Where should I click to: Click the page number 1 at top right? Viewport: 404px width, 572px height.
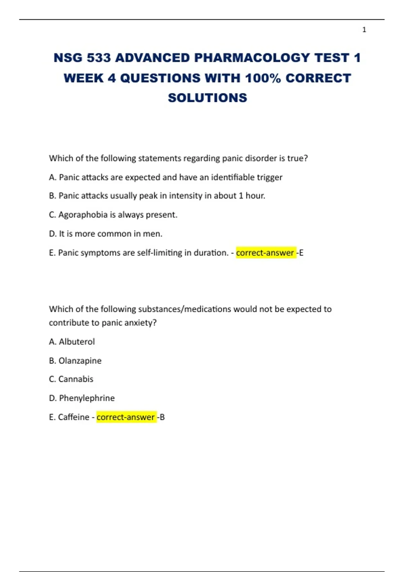(x=364, y=30)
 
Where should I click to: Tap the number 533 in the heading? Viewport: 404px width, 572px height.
(x=99, y=58)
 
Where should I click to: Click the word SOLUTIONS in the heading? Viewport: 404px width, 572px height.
(x=207, y=98)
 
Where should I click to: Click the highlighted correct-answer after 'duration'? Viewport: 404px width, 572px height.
(x=265, y=253)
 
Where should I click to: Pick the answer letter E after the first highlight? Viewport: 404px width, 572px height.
(x=301, y=253)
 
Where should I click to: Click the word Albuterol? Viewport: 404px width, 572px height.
(x=77, y=342)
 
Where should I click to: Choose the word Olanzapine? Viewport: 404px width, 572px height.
(x=80, y=361)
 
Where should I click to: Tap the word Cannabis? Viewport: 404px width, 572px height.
(x=76, y=379)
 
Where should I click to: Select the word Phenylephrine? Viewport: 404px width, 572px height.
(x=87, y=398)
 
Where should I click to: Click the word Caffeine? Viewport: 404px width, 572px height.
(x=74, y=417)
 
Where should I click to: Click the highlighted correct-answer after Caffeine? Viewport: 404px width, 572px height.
(x=126, y=417)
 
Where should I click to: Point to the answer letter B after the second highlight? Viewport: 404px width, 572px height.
(x=162, y=417)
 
